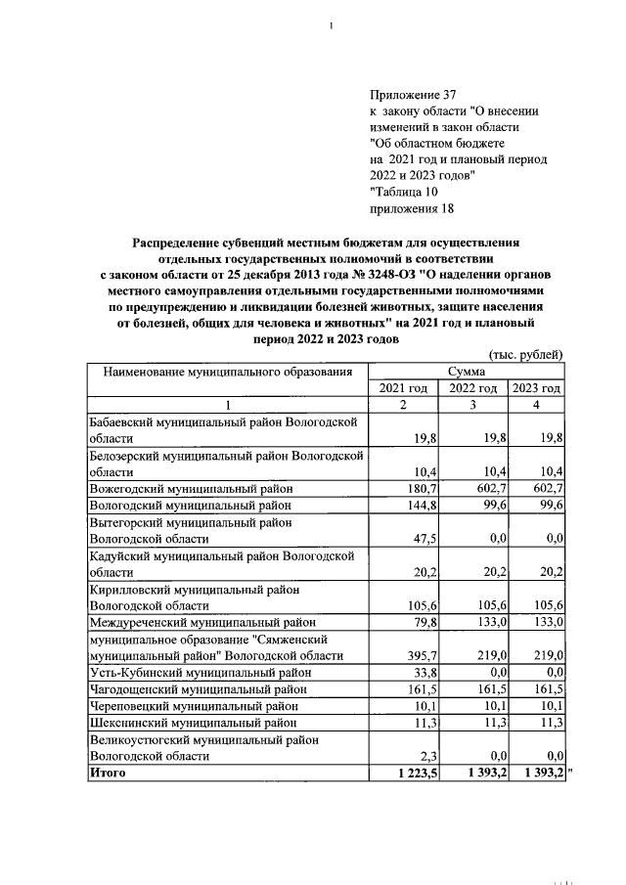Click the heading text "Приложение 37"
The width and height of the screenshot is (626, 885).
[414, 95]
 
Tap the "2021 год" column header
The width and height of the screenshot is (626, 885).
[403, 388]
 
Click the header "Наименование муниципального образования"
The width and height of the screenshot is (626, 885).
[220, 372]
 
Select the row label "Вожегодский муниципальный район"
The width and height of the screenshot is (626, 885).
[191, 488]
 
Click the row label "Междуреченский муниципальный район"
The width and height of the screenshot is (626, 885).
[202, 622]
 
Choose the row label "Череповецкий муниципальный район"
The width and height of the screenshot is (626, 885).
[194, 705]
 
